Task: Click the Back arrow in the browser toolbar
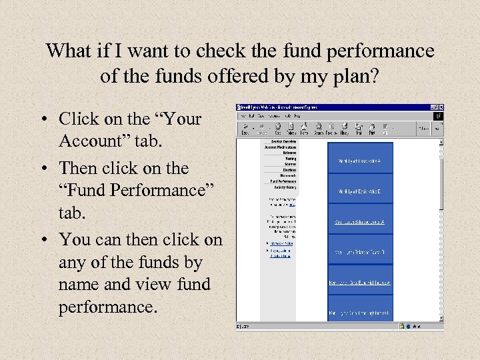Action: coord(245,127)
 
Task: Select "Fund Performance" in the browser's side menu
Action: coord(283,181)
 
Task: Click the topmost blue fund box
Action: coord(360,158)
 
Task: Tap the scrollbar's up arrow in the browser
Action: coord(440,141)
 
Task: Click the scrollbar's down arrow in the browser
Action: coord(440,318)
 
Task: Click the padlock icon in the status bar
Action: coord(403,326)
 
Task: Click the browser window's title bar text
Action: coord(280,107)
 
